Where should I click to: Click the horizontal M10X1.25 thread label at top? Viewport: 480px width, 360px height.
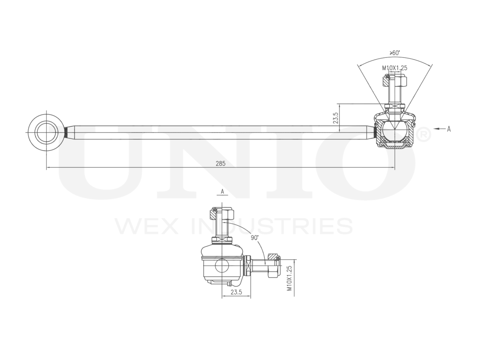394,68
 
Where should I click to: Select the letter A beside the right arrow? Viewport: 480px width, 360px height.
448,129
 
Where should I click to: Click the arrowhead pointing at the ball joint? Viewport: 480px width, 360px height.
436,129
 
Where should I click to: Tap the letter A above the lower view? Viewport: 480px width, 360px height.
222,191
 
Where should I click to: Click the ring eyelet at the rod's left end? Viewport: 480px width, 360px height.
46,132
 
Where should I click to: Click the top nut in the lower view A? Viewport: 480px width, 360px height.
222,214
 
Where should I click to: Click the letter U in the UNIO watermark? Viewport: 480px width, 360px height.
109,161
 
